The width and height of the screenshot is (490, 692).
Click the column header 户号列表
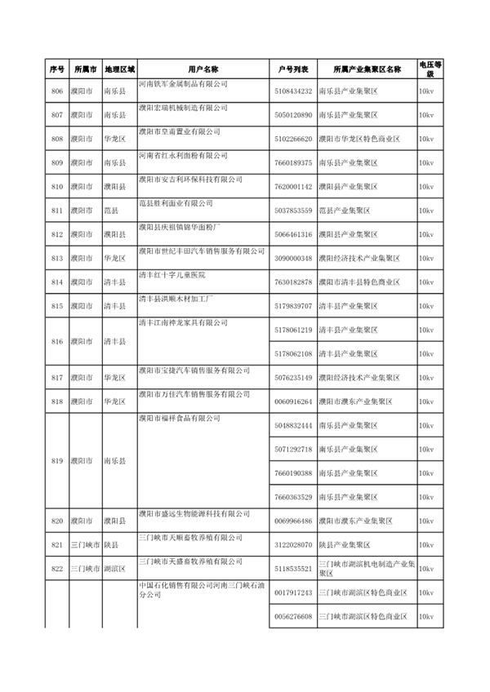click(293, 70)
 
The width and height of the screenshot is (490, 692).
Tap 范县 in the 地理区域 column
click(113, 211)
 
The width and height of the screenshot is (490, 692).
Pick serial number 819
click(56, 461)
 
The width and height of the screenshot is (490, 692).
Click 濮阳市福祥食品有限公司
click(179, 418)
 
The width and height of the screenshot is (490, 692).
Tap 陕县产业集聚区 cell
click(344, 544)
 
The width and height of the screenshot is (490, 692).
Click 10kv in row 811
click(425, 211)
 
